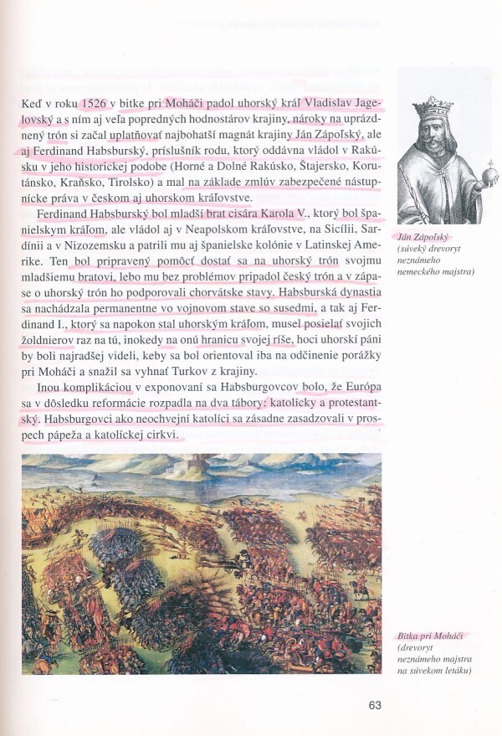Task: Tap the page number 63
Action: pyautogui.click(x=375, y=704)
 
